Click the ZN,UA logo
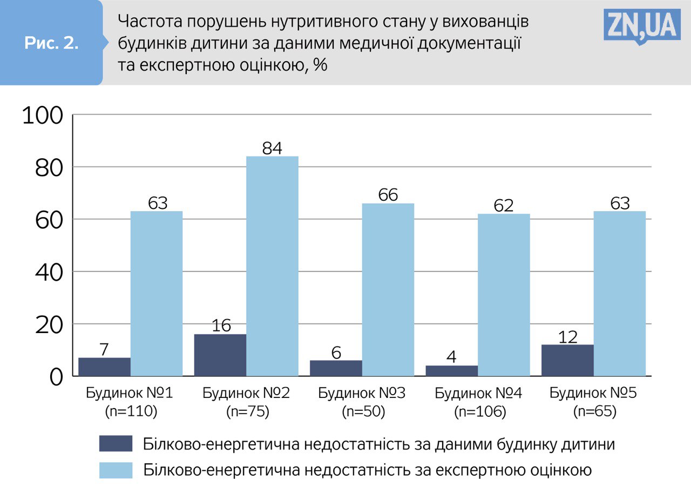click(x=641, y=25)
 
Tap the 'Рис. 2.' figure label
click(x=51, y=44)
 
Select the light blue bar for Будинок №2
click(x=272, y=266)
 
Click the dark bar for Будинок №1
click(x=104, y=367)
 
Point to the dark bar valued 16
click(x=220, y=355)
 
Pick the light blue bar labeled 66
click(x=388, y=289)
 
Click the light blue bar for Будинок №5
click(x=619, y=293)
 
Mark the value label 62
click(x=503, y=206)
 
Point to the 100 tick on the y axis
click(x=42, y=116)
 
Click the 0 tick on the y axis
click(x=56, y=377)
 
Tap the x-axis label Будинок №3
click(x=361, y=393)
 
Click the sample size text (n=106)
click(x=480, y=412)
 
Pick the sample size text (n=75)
click(x=247, y=412)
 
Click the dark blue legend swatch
click(x=116, y=444)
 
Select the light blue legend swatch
click(x=116, y=470)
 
